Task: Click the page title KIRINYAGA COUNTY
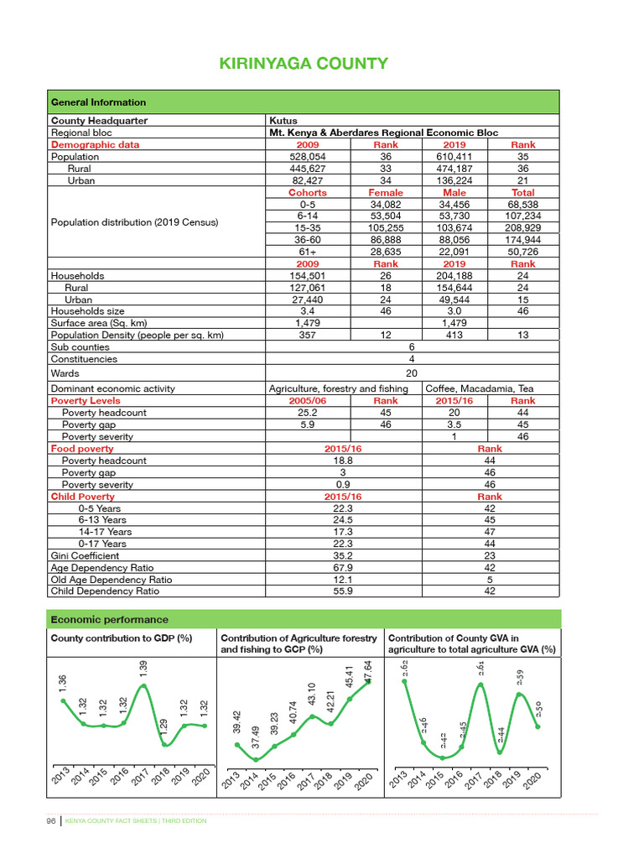pos(304,64)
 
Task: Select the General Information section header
pos(99,102)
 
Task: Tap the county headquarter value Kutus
pos(282,121)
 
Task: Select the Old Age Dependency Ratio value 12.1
pos(343,579)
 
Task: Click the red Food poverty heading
pos(82,449)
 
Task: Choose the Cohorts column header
pos(307,193)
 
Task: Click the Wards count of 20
pos(411,374)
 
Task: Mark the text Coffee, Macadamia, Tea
pos(480,388)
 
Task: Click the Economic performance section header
pos(110,620)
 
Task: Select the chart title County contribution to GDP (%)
pos(122,638)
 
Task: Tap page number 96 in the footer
pos(50,820)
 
